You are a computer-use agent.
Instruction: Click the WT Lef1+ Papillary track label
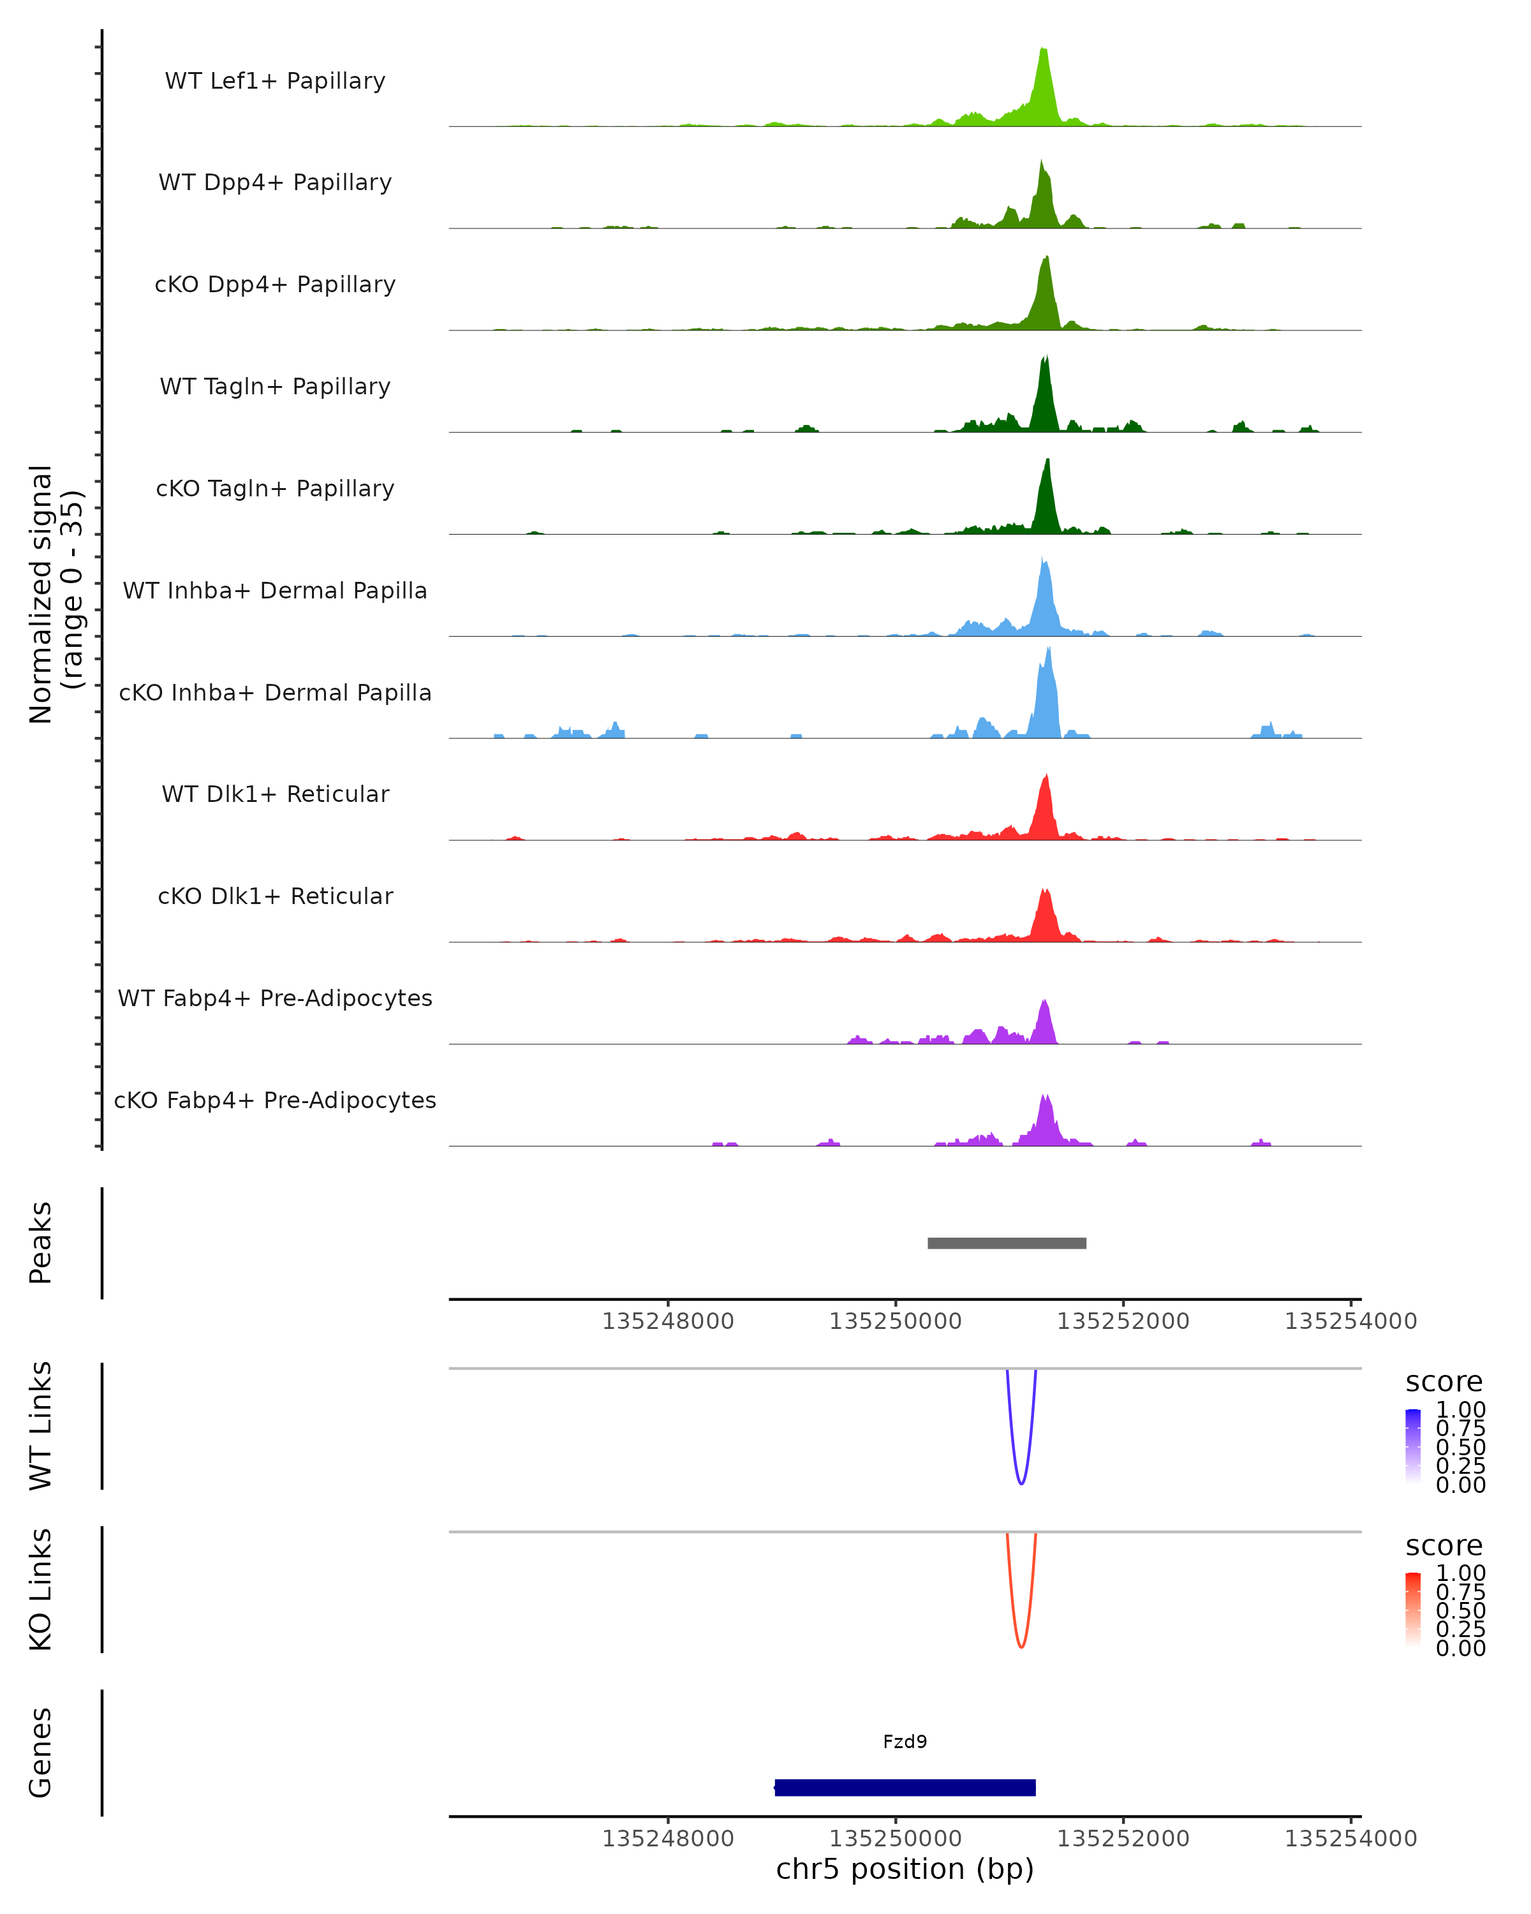pyautogui.click(x=275, y=81)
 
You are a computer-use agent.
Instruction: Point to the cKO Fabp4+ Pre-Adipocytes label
pyautogui.click(x=275, y=1100)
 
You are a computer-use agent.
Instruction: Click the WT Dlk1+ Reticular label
pyautogui.click(x=275, y=794)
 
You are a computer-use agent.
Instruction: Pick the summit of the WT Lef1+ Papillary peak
pyautogui.click(x=1044, y=50)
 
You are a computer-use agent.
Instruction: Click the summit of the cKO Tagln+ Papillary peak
pyautogui.click(x=1048, y=460)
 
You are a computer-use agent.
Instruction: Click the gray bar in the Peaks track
pyautogui.click(x=1007, y=1243)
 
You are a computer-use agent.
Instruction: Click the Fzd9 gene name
pyautogui.click(x=905, y=1742)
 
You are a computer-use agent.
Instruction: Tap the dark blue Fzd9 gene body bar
pyautogui.click(x=905, y=1787)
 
